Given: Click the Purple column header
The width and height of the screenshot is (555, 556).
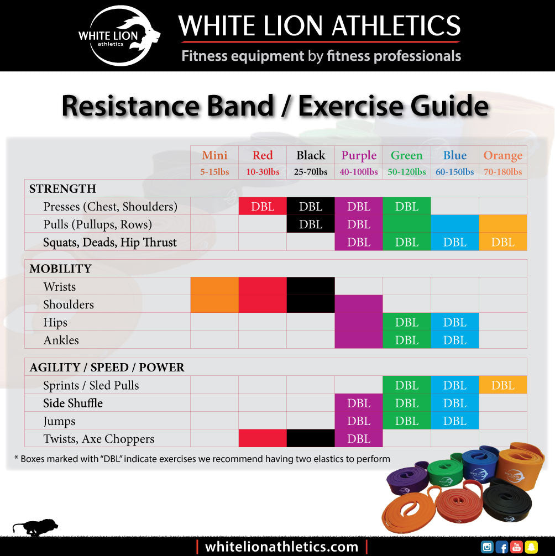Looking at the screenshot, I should pyautogui.click(x=359, y=155).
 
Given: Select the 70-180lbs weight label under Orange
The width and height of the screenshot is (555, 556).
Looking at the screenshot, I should pyautogui.click(x=502, y=172).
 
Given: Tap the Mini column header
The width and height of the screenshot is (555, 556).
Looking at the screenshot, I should pyautogui.click(x=214, y=155).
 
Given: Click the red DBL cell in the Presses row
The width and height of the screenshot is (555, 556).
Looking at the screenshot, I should pyautogui.click(x=263, y=206).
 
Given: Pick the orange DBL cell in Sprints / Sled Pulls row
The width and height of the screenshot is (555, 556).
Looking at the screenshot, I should pyautogui.click(x=502, y=385).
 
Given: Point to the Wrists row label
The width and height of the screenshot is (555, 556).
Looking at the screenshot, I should pyautogui.click(x=60, y=286).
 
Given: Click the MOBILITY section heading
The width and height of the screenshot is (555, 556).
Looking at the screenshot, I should pyautogui.click(x=60, y=269).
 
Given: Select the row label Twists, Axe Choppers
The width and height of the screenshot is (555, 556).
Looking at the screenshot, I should pyautogui.click(x=99, y=439).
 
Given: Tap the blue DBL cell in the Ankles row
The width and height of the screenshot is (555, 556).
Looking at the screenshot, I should pyautogui.click(x=454, y=340).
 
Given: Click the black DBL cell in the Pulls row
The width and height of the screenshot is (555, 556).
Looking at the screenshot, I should pyautogui.click(x=311, y=224).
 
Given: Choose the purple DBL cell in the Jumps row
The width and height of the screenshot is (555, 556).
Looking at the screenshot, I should pyautogui.click(x=359, y=421).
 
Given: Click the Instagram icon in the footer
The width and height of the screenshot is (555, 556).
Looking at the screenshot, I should pyautogui.click(x=487, y=547).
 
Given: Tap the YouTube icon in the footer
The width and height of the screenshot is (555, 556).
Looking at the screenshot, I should pyautogui.click(x=516, y=547).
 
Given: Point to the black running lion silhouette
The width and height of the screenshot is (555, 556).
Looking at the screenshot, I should pyautogui.click(x=35, y=527).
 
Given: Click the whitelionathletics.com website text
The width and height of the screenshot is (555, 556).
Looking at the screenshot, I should pyautogui.click(x=281, y=547).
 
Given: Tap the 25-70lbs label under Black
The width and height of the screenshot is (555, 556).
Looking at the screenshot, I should pyautogui.click(x=311, y=172).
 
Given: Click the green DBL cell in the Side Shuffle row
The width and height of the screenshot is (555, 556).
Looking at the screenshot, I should pyautogui.click(x=407, y=403).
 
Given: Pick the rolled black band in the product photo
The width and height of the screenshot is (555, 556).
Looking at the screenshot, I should pyautogui.click(x=507, y=503).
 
